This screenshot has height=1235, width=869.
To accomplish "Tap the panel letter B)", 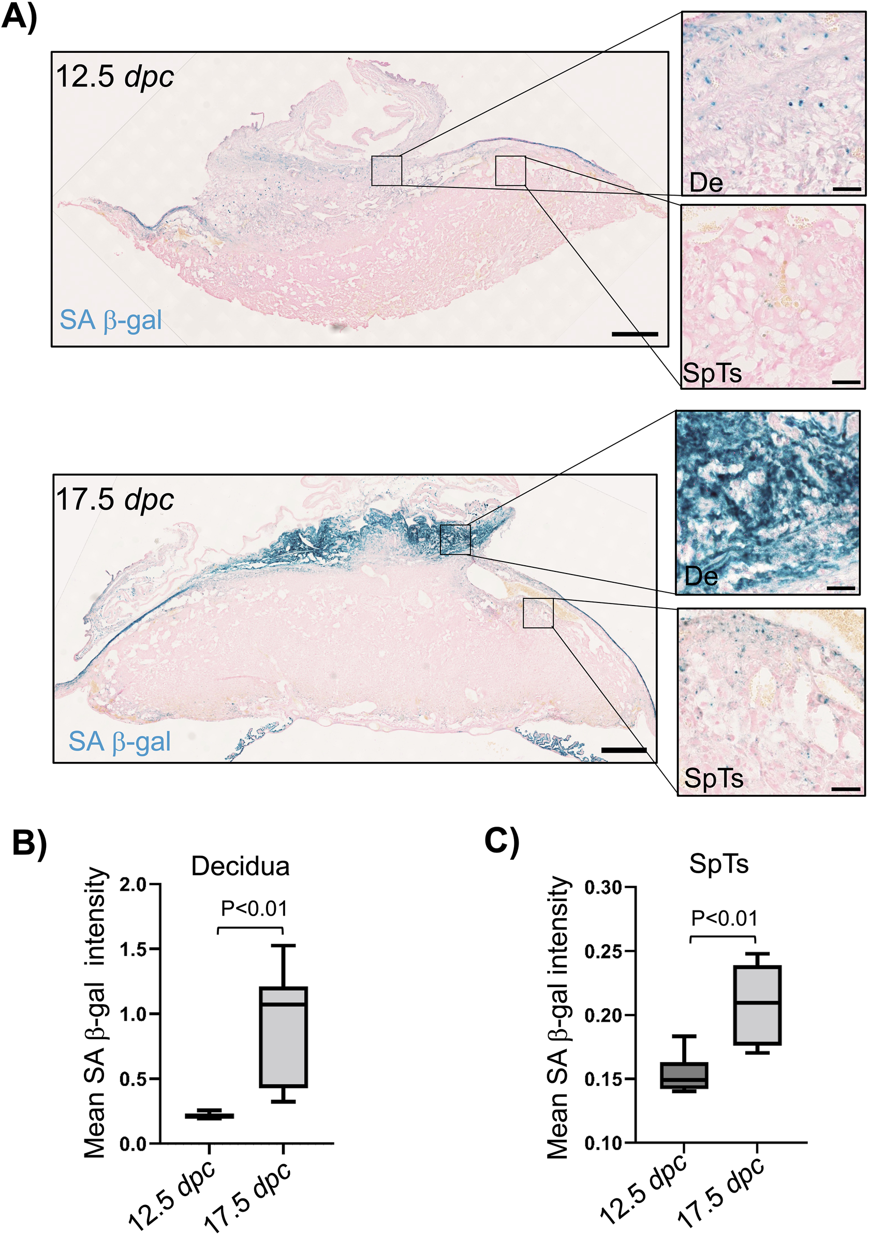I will coord(30,842).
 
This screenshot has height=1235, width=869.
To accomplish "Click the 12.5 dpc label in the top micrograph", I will coord(114,77).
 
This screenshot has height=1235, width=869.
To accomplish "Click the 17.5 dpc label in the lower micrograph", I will coord(114,499).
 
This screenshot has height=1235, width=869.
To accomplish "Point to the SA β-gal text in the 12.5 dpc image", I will coord(111,320).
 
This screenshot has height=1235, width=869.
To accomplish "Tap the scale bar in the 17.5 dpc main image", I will coord(624,750).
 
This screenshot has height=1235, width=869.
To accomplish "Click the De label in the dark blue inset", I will coord(701,577).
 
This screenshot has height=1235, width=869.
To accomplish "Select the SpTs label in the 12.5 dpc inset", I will coord(712,373).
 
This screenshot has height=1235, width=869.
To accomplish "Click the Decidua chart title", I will coord(240,866).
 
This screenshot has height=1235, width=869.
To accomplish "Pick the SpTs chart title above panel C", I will coord(719,864).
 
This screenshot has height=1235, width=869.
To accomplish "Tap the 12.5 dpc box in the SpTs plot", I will coord(684,1075).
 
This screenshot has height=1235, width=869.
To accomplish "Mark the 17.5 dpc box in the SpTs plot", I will coord(757,1005).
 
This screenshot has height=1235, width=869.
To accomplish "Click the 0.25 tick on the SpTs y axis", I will coord(603,951).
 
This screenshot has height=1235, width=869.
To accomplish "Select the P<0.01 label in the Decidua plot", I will coord(254,908).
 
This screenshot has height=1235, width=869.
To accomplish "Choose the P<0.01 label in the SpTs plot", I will coord(725,918).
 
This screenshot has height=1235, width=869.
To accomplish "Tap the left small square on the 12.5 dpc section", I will coord(386,170).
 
